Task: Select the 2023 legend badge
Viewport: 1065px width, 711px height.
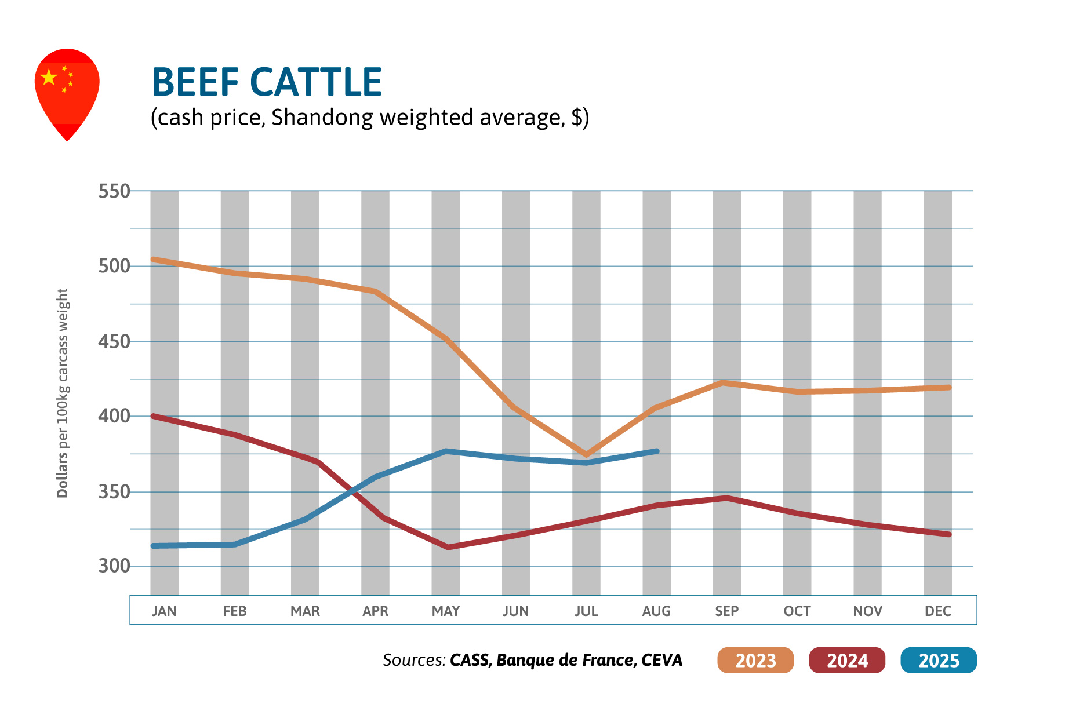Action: point(755,660)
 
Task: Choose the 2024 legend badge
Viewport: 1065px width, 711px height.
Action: point(847,660)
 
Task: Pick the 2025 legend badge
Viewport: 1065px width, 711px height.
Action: point(939,660)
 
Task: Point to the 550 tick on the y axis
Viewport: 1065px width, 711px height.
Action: point(114,191)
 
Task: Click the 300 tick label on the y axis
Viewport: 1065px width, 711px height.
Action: point(114,566)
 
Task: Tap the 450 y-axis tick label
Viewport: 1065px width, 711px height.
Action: point(114,342)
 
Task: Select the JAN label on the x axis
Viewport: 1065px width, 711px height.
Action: point(164,611)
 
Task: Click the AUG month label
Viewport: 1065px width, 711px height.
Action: point(656,611)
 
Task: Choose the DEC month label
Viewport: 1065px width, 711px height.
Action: point(937,611)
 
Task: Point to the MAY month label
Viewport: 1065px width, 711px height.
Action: point(445,611)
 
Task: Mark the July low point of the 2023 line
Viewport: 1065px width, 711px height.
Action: point(586,454)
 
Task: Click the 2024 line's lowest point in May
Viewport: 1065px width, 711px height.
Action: point(448,547)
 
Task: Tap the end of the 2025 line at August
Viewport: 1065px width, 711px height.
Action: point(656,451)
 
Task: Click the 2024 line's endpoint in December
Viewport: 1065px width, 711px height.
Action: point(948,534)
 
